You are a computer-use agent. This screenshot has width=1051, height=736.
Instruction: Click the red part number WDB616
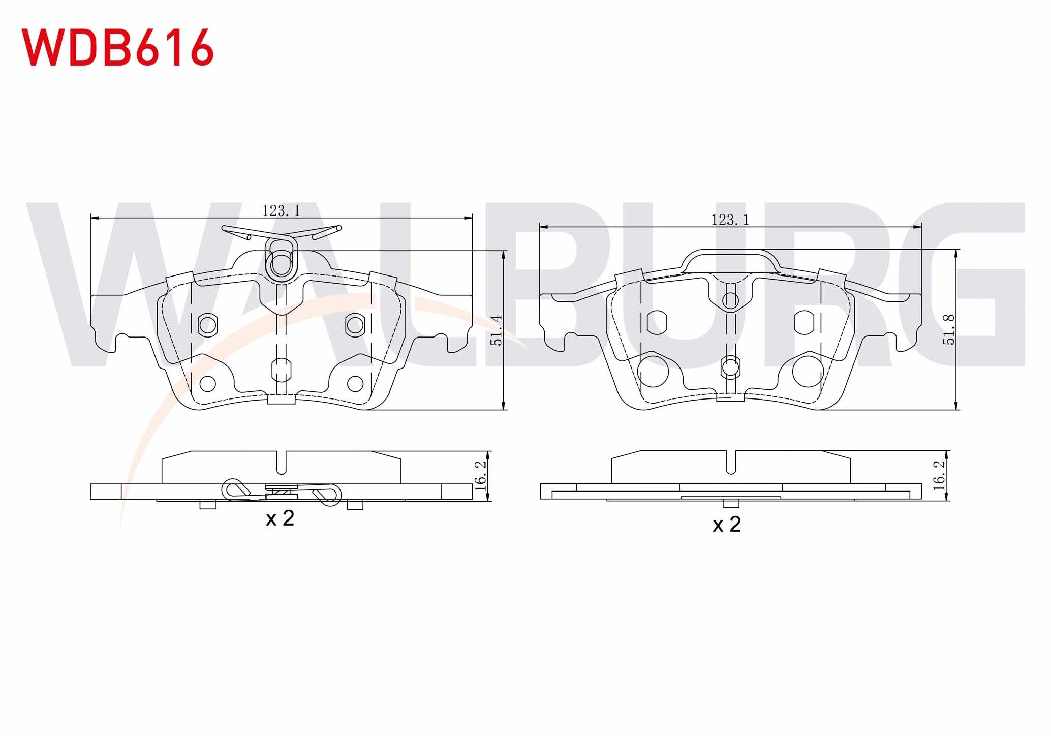pos(117,47)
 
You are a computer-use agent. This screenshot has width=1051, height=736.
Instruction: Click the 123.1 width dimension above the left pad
pos(281,210)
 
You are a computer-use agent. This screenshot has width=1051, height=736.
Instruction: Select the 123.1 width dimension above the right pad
pos(730,220)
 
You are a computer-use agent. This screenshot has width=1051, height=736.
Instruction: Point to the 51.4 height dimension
pos(496,330)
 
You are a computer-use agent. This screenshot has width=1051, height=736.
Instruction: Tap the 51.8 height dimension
pos(949,330)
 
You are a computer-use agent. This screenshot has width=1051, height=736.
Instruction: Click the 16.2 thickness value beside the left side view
pos(480,475)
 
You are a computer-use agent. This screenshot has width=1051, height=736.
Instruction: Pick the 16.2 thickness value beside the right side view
pos(940,475)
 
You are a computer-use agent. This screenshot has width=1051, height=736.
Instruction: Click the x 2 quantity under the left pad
pos(280,518)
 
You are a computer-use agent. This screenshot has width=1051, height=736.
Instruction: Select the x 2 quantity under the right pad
pos(727,525)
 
